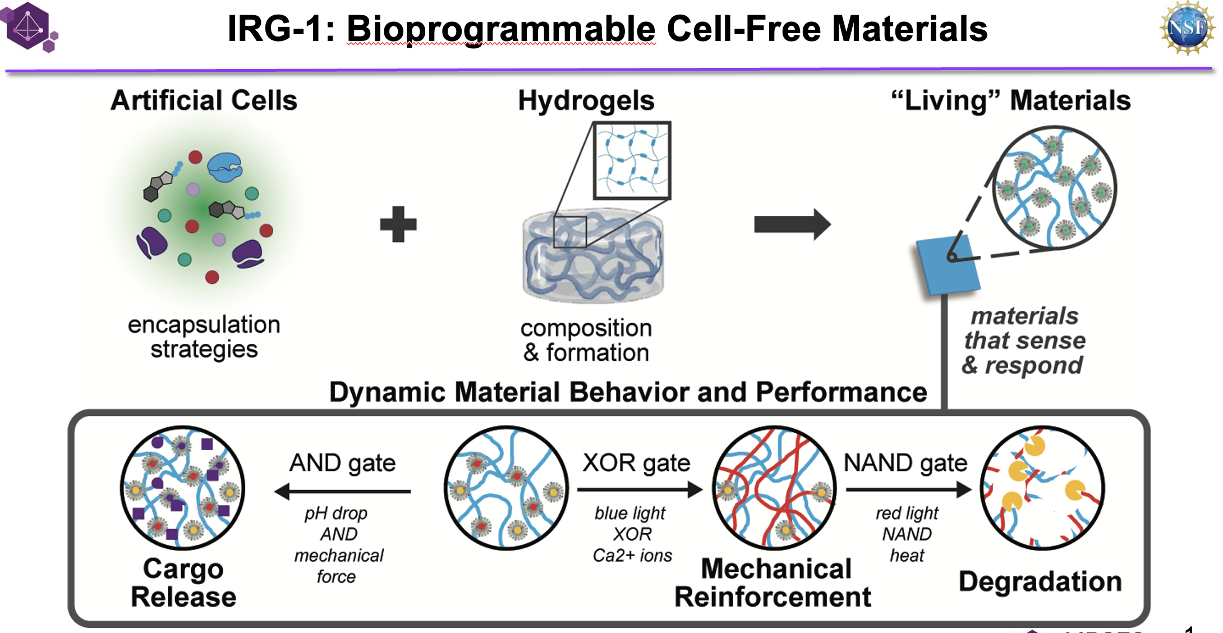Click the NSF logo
[1187, 27]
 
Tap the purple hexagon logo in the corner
[29, 26]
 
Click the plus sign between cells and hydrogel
[398, 224]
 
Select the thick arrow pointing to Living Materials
[792, 224]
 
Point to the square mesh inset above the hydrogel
[632, 160]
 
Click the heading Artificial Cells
[204, 101]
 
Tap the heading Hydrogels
[586, 101]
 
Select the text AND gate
[342, 463]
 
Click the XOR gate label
[636, 463]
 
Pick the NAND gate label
[905, 463]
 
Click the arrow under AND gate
[342, 492]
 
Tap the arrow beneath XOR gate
[639, 490]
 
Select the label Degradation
[1040, 581]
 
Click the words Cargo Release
[183, 582]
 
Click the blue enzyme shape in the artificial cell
[225, 167]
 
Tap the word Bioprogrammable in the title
[501, 29]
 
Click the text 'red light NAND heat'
[907, 534]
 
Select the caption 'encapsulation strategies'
[204, 337]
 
